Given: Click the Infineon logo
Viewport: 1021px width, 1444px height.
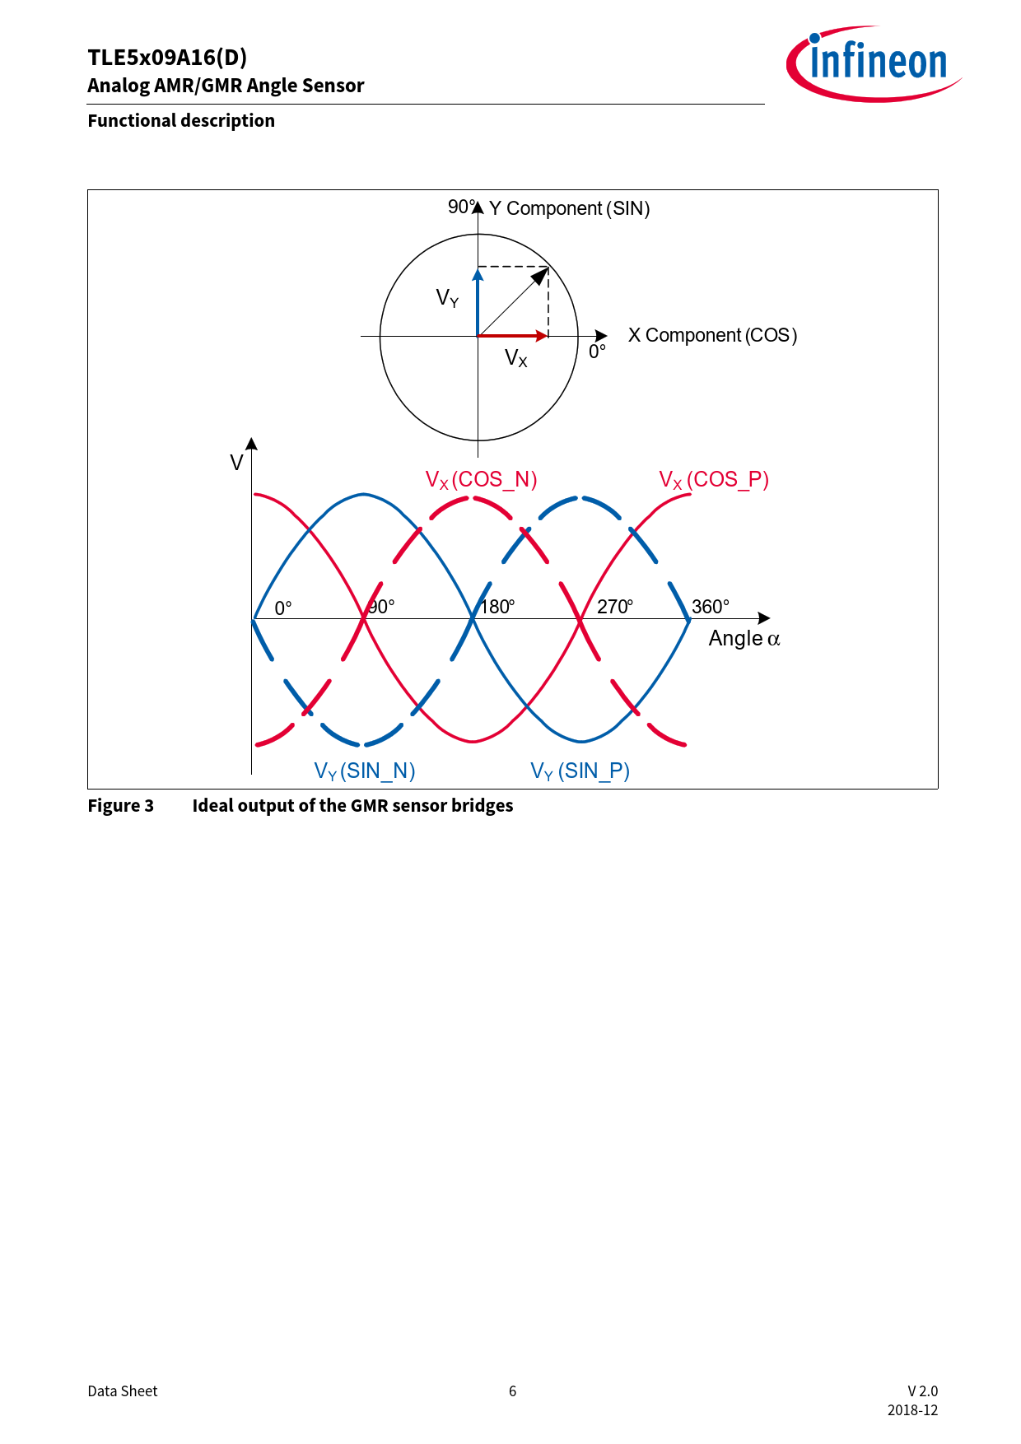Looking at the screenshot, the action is tap(874, 63).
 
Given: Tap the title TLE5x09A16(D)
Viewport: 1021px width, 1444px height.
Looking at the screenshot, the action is tap(167, 58).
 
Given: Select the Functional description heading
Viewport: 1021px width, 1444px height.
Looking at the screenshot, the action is tap(181, 120).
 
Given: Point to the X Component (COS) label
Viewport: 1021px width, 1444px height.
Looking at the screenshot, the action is tap(713, 335).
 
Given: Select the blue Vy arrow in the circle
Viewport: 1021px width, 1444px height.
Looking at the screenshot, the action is tap(478, 302).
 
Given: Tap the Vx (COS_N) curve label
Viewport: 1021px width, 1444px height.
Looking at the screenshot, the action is tap(481, 480).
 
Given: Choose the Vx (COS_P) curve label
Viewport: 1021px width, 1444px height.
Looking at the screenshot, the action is tap(714, 480).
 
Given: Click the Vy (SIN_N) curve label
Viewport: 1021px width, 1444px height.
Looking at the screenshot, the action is tap(365, 771).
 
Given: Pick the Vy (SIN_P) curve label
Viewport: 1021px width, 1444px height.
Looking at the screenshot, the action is tap(580, 771).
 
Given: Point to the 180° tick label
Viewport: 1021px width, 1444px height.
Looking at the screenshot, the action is tap(497, 607).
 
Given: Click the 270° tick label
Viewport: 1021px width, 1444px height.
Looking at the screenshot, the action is tap(615, 607).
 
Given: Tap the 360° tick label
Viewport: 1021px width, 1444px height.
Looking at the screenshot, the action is tap(711, 607).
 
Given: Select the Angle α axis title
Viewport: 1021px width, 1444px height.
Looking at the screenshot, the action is tap(744, 639).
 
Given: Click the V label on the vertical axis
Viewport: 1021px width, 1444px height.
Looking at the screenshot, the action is tap(236, 463).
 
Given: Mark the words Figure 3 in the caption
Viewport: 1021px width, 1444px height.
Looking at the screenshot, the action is tap(121, 805).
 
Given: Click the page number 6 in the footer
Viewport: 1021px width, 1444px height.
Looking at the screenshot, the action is tap(512, 1391).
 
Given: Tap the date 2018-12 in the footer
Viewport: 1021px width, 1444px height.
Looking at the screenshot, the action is tap(912, 1410).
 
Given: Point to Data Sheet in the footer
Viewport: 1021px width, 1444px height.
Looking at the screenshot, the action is tap(123, 1391).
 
